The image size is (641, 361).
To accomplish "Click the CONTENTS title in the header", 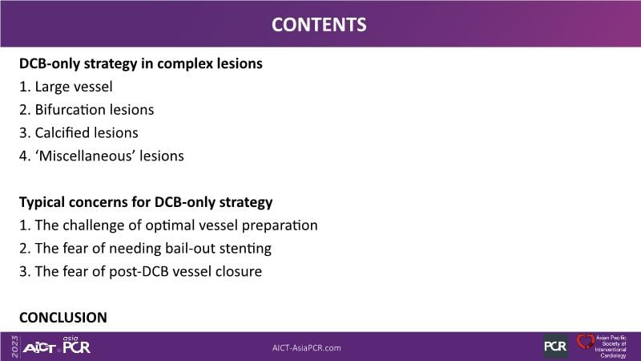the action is (319, 25).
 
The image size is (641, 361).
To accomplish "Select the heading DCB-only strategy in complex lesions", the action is (141, 64).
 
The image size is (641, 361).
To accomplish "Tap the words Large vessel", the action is (74, 87).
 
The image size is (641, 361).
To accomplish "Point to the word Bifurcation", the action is (71, 110).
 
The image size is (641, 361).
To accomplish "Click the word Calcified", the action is (62, 132).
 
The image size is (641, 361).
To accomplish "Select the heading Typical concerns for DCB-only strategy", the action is (146, 202).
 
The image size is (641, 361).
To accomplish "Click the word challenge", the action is (102, 225).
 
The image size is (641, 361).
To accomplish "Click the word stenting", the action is (245, 249).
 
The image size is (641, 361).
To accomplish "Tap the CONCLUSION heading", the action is (63, 318).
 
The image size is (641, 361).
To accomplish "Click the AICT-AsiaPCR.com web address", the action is (307, 348).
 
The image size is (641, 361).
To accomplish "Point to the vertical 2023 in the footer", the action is (14, 347).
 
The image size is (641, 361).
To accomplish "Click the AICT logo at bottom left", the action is (39, 348).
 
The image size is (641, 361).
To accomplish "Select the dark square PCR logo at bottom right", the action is (555, 347).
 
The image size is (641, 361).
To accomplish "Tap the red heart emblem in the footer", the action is (586, 342).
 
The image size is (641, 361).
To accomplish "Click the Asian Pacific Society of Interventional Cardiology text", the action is (611, 347).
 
